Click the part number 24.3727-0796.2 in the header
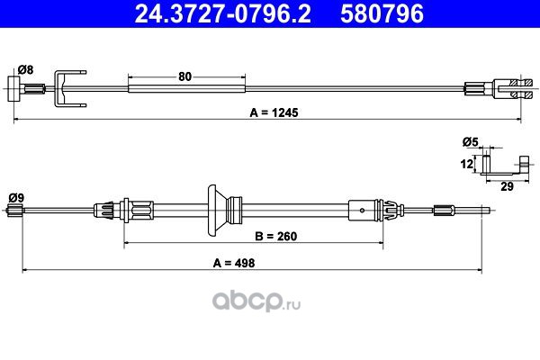point(223,13)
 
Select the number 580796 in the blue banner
point(382,13)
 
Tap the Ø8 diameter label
point(26,70)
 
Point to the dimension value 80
point(184,76)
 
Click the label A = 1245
point(274,112)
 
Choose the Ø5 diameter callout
point(471,141)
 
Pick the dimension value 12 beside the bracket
point(466,164)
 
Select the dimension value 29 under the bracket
point(507,186)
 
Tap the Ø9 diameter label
point(16,198)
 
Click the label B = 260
point(276,237)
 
